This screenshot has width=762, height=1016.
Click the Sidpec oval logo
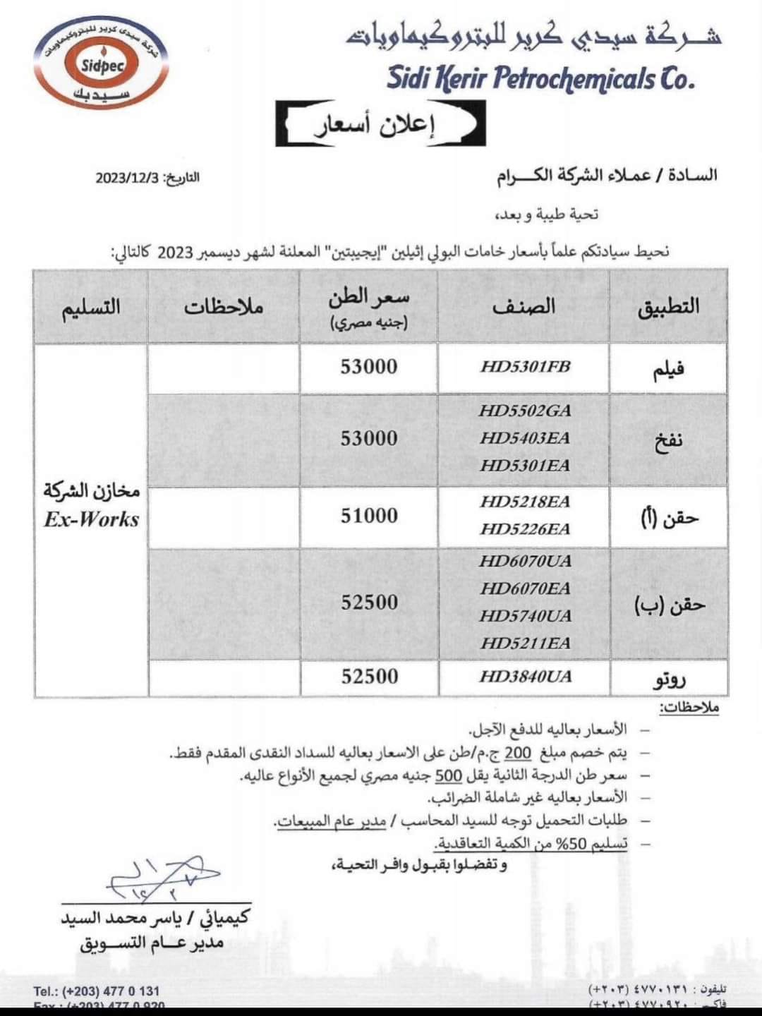pyautogui.click(x=102, y=64)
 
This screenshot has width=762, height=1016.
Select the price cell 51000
pyautogui.click(x=369, y=516)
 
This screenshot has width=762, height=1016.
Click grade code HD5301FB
pyautogui.click(x=525, y=367)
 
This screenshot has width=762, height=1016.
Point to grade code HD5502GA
pyautogui.click(x=525, y=411)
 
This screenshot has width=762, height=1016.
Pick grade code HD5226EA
pyautogui.click(x=525, y=529)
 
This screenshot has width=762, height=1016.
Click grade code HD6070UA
pyautogui.click(x=525, y=562)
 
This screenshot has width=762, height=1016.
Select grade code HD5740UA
pyautogui.click(x=525, y=616)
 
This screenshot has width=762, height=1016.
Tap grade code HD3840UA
pyautogui.click(x=525, y=677)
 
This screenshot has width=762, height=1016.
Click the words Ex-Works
pyautogui.click(x=92, y=520)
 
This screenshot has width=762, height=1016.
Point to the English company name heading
pyautogui.click(x=540, y=78)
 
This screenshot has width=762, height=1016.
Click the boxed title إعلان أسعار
pyautogui.click(x=380, y=124)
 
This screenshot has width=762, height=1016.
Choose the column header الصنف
pyautogui.click(x=524, y=306)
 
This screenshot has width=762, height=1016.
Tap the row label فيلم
pyautogui.click(x=668, y=369)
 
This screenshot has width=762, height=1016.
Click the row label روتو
pyautogui.click(x=668, y=679)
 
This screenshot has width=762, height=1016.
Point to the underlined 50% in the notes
pyautogui.click(x=588, y=842)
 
